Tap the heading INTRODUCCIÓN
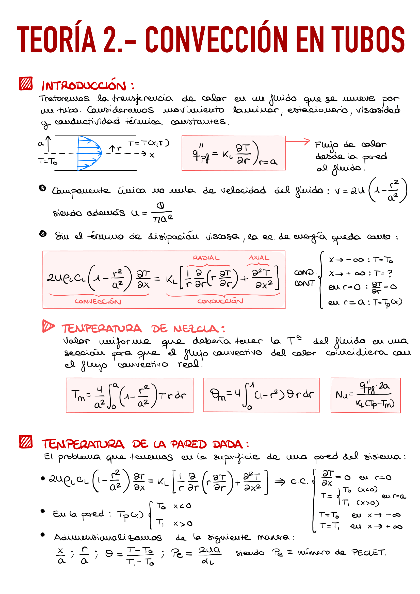84,86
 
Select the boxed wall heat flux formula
234,153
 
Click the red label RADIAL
206,258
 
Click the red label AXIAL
259,258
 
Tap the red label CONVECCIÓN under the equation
98,301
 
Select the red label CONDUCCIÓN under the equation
220,301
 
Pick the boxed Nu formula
365,395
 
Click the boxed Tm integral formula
129,395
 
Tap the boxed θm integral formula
261,395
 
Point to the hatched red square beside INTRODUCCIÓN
26,84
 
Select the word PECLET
368,552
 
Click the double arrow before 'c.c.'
280,481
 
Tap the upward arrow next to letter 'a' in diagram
48,143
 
